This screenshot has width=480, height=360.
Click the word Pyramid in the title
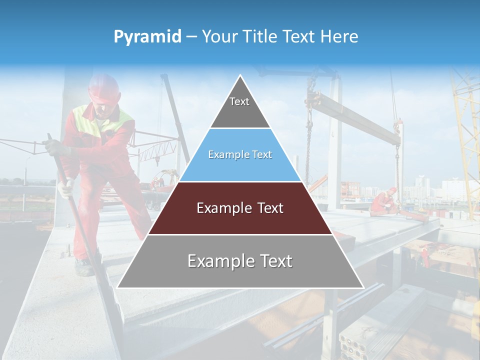147,37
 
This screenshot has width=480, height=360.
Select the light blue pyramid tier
240,165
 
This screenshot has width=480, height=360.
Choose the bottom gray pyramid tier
240,272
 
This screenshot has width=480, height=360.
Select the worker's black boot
84,268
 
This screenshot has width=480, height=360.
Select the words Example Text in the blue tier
240,155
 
